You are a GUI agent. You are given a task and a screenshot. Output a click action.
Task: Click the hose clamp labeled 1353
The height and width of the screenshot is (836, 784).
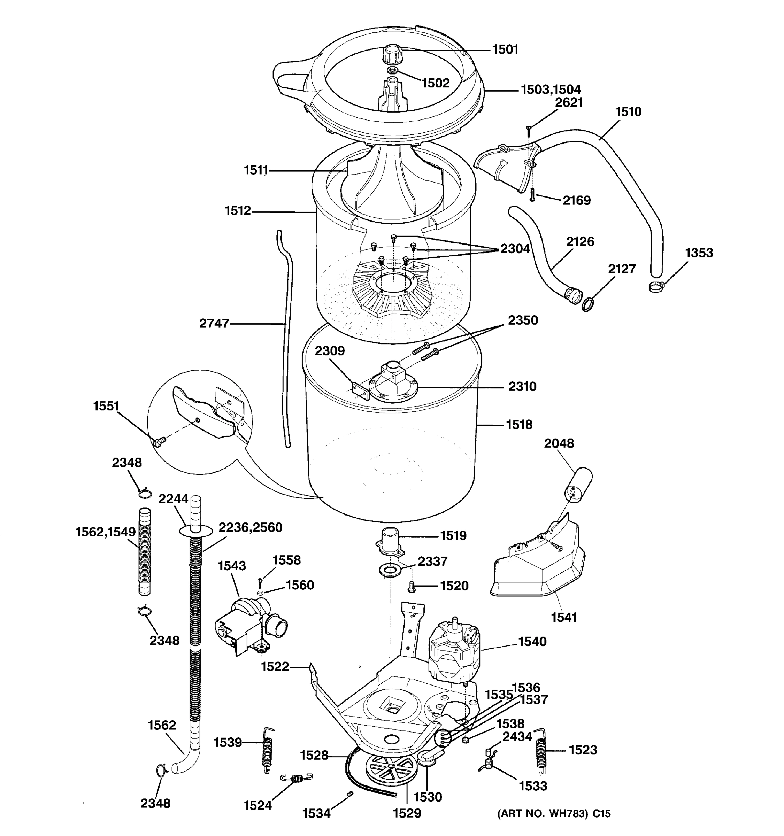(656, 287)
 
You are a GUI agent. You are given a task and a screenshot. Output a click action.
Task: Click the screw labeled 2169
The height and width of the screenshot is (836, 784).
(532, 194)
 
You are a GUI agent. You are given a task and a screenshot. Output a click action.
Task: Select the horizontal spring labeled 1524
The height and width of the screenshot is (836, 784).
(297, 779)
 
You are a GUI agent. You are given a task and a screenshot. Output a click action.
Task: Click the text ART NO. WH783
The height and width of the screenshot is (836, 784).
(543, 814)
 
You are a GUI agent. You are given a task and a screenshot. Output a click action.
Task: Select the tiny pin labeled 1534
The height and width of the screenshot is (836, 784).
(349, 794)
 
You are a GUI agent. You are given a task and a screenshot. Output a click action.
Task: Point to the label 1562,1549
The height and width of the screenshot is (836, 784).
(106, 532)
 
